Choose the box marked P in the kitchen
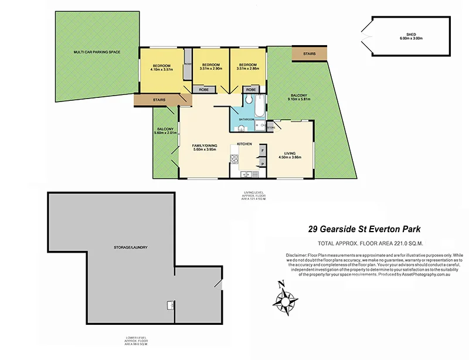pos(262,164)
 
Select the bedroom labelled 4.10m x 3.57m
pos(161,67)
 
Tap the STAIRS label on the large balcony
pos(310,54)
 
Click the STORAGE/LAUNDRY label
pos(130,247)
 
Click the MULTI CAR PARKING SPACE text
pos(97,52)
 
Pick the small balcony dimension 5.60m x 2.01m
pos(165,133)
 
